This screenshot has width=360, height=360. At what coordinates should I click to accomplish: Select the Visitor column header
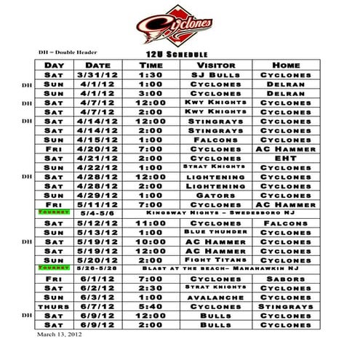tap(215, 65)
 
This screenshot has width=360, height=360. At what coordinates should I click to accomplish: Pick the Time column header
tap(151, 65)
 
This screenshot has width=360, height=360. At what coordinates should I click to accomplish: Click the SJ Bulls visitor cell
tap(215, 75)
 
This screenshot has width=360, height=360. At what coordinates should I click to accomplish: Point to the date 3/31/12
tap(97, 75)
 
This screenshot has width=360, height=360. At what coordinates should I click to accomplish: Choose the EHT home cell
tap(285, 157)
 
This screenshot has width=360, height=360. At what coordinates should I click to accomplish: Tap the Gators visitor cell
tap(215, 195)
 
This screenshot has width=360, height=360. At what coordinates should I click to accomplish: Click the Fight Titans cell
tap(215, 260)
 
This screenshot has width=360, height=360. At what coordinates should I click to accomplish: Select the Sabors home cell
tap(285, 279)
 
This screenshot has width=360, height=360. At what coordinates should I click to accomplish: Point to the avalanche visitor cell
tap(215, 297)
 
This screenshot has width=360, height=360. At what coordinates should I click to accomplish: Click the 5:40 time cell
tap(151, 306)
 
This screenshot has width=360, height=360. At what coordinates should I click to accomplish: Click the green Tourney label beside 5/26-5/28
tap(53, 268)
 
